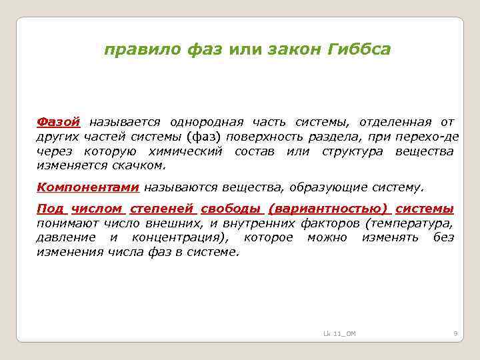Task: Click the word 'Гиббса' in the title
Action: point(358,50)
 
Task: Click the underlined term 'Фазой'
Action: point(58,122)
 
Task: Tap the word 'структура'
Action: point(352,151)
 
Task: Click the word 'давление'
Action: point(63,238)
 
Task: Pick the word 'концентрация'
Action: point(181,238)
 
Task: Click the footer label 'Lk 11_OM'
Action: point(339,333)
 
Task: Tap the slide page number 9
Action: point(454,333)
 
